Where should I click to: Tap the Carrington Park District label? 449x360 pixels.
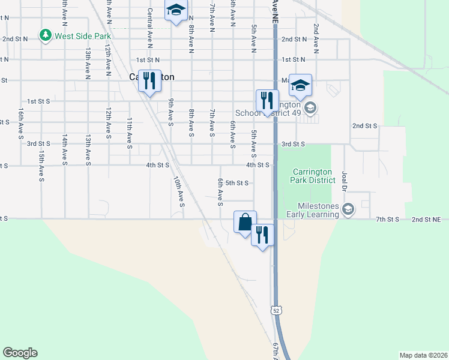click(311, 175)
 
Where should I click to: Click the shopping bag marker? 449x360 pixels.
click(245, 222)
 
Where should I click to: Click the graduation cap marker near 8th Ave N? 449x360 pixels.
click(176, 10)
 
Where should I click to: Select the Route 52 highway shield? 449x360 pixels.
click(276, 310)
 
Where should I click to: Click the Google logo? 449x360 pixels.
click(20, 353)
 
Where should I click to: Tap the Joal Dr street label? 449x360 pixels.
click(345, 179)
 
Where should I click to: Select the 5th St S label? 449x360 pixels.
click(233, 183)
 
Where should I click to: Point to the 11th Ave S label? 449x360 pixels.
click(129, 132)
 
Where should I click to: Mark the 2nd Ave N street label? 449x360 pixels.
click(315, 29)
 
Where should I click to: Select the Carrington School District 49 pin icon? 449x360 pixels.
click(310, 109)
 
